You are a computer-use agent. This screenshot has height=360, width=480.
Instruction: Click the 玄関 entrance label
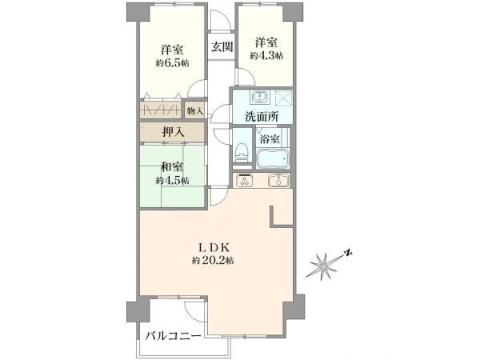coord(222,46)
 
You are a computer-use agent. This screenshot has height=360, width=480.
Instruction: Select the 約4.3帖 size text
coord(266,55)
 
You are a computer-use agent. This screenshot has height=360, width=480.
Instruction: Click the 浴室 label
coord(270,138)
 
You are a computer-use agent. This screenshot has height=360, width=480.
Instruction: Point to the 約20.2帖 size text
coord(212,261)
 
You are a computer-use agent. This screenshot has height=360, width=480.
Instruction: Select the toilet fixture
coord(242,151)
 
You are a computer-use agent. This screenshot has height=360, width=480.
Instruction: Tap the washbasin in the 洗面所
coord(258,98)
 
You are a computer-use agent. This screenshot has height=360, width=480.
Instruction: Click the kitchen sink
coord(277,179)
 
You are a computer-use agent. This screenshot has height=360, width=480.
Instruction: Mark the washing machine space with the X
coord(280,98)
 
